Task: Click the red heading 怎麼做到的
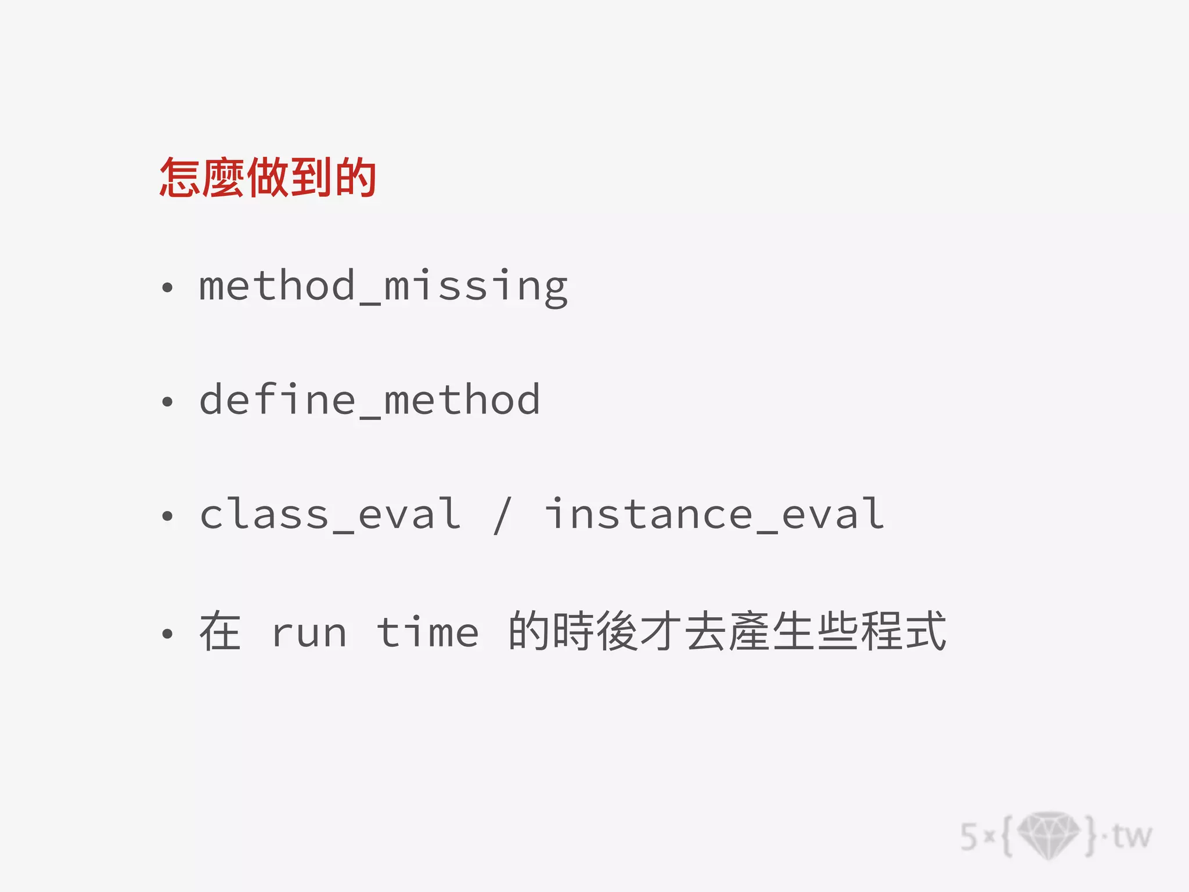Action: click(268, 177)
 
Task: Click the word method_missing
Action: click(383, 286)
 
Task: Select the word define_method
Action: click(370, 400)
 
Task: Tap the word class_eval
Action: click(330, 515)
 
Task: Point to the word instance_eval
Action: click(714, 515)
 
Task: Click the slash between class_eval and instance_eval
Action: click(502, 515)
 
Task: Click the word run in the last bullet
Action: click(309, 632)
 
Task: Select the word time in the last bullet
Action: click(428, 631)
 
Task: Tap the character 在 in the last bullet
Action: click(220, 631)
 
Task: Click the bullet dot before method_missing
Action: click(167, 287)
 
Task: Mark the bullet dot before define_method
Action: click(167, 401)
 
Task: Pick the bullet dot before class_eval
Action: click(167, 516)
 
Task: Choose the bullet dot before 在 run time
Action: click(167, 634)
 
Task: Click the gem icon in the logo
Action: click(1049, 835)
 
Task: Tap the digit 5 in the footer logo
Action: click(969, 837)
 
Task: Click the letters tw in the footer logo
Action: click(1132, 836)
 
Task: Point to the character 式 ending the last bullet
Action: click(926, 631)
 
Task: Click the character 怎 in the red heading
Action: click(181, 177)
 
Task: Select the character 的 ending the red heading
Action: click(356, 177)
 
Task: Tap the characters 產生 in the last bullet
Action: click(772, 631)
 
